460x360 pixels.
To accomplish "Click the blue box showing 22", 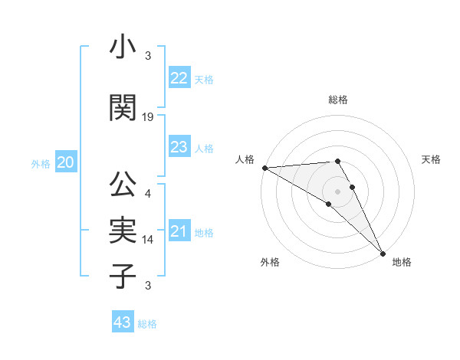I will (179, 78).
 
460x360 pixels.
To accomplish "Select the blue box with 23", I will (179, 147).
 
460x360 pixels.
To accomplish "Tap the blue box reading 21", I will (179, 231).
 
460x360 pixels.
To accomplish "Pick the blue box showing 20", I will (66, 162).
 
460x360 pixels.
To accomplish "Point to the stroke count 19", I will (148, 117).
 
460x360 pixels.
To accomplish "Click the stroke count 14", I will (148, 240).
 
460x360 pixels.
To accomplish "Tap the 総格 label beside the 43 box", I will (147, 324).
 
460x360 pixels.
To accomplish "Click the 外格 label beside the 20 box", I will (41, 164).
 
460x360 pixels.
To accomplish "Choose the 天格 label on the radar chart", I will (431, 159).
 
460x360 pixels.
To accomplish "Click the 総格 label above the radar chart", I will (338, 100).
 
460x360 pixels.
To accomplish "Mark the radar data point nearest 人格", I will (264, 168).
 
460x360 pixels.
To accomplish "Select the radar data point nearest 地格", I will (382, 253).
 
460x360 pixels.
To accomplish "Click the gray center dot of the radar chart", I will (338, 190).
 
